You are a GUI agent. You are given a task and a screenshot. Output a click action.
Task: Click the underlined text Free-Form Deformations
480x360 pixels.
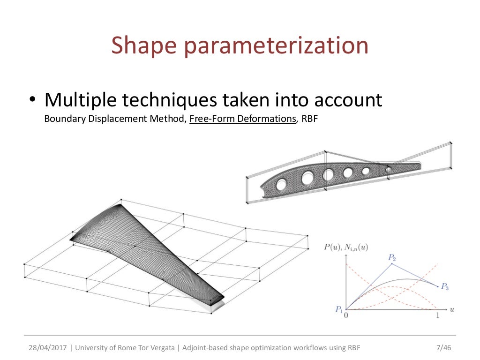pyautogui.click(x=242, y=119)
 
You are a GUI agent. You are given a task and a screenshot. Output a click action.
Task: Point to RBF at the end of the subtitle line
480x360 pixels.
pyautogui.click(x=309, y=119)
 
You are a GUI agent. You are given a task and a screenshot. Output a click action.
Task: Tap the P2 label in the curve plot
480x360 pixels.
pyautogui.click(x=392, y=257)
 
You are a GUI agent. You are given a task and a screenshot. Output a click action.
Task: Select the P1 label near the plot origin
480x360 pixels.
pyautogui.click(x=339, y=309)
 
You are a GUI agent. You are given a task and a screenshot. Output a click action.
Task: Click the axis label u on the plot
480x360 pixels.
pyautogui.click(x=452, y=309)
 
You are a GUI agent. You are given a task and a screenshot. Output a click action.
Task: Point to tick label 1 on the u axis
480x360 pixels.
pyautogui.click(x=438, y=316)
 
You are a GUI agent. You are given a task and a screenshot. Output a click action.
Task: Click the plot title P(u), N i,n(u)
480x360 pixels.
pyautogui.click(x=346, y=247)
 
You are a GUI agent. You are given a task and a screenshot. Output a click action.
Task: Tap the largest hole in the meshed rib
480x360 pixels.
pyautogui.click(x=308, y=178)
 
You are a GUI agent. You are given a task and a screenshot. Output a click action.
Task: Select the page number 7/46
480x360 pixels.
pyautogui.click(x=442, y=348)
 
